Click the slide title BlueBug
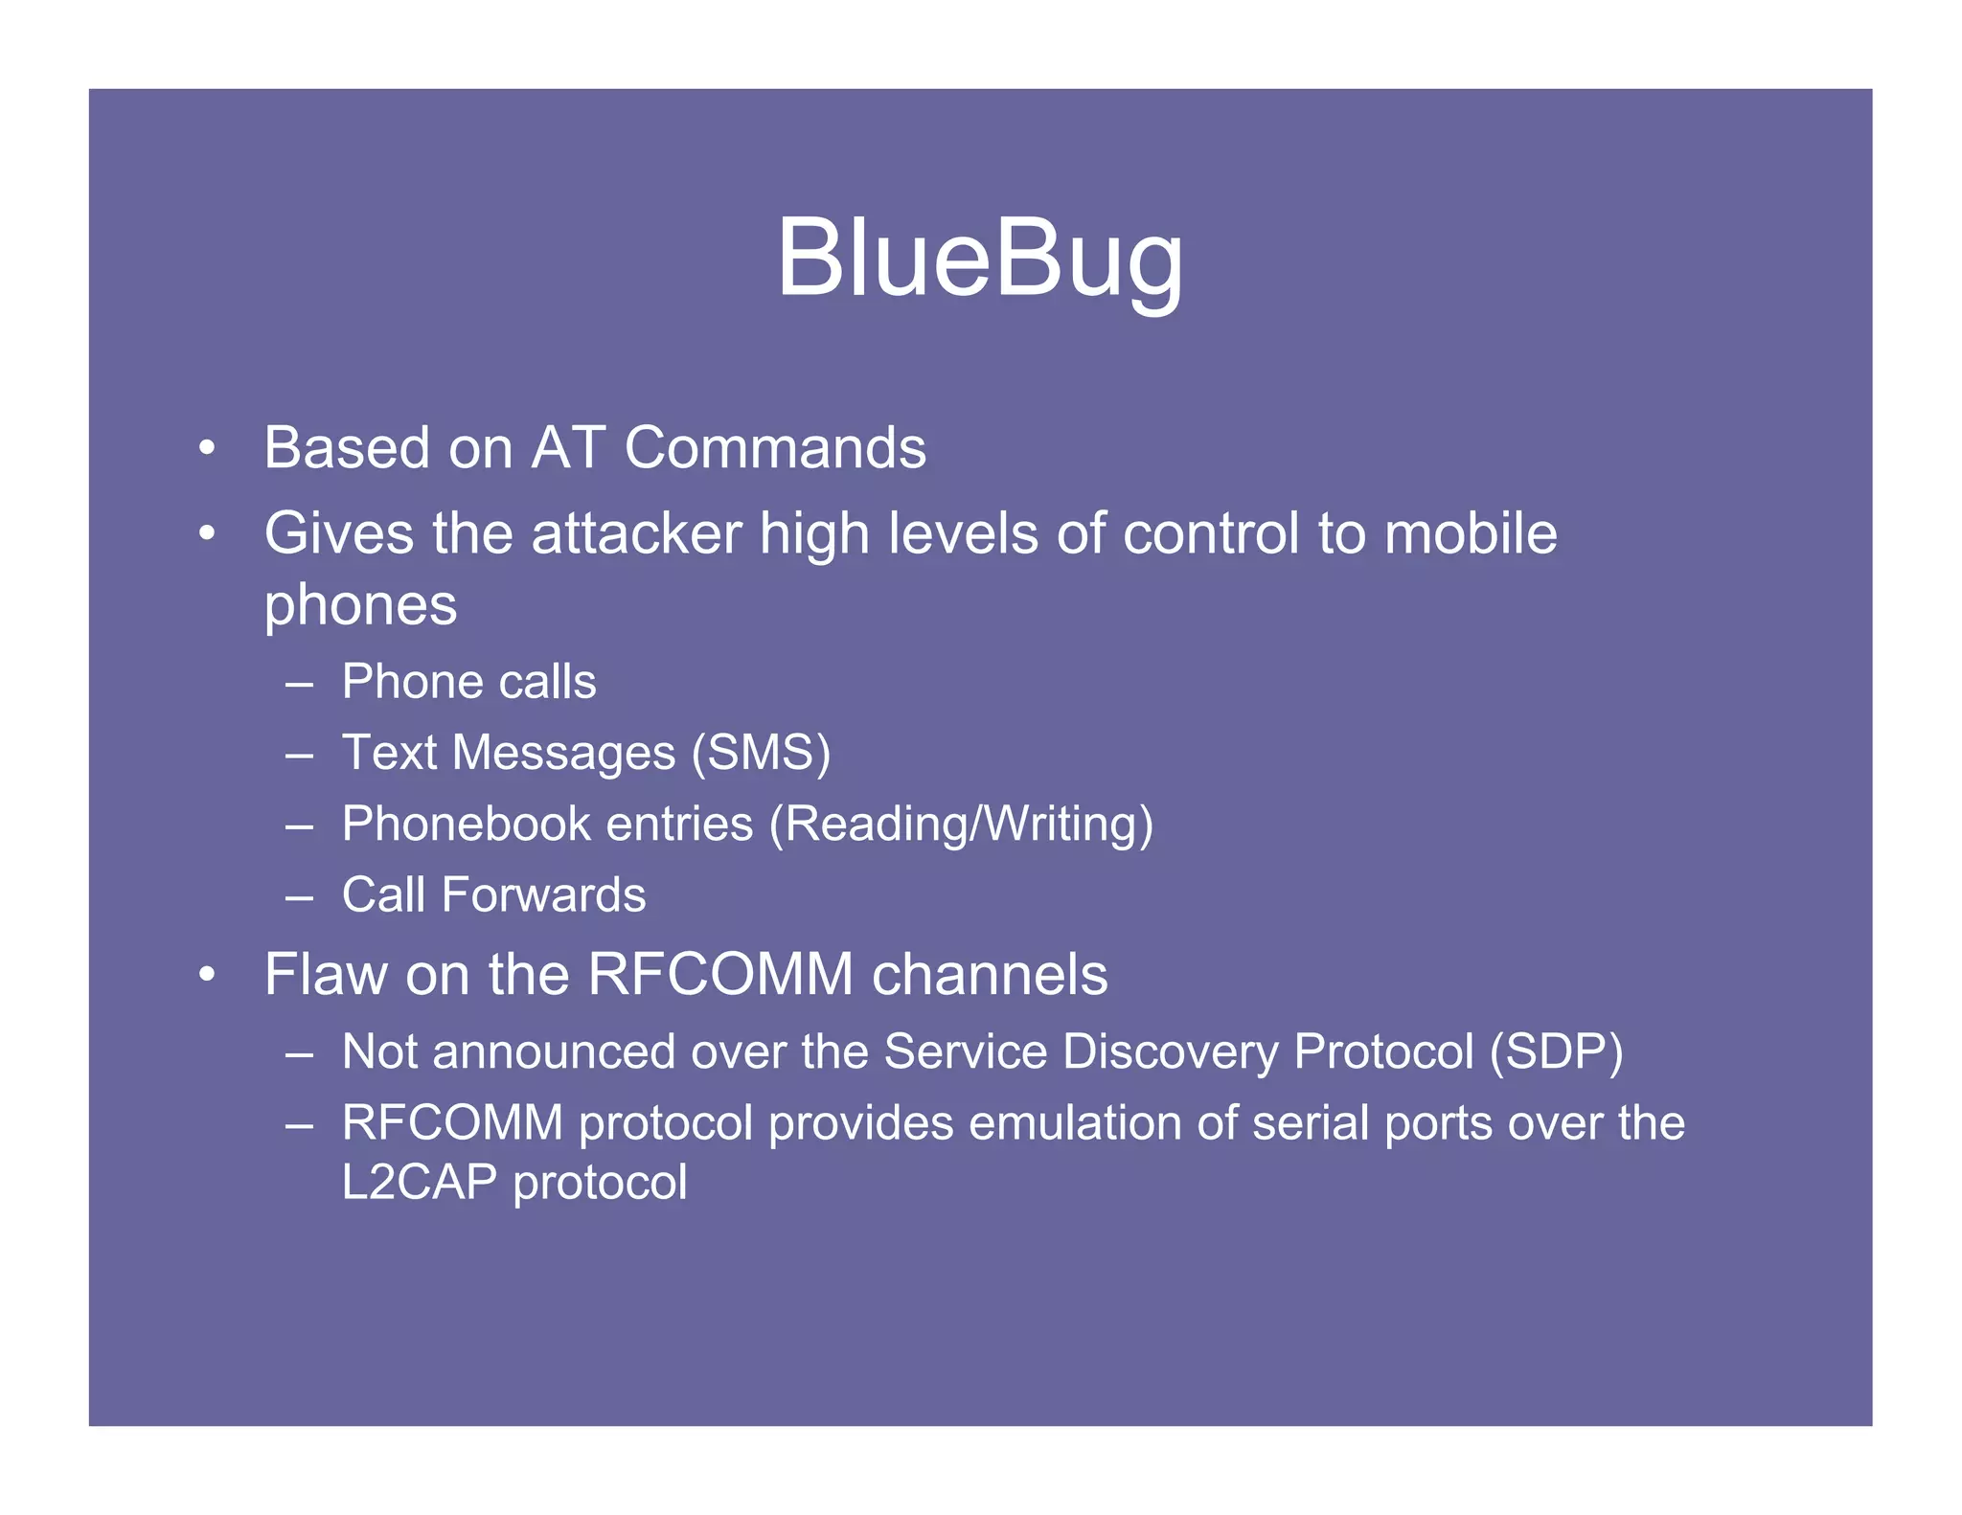point(979,258)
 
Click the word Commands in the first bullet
point(775,447)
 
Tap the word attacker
point(636,533)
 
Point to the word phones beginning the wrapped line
point(360,606)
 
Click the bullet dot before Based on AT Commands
point(206,448)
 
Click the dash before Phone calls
point(299,684)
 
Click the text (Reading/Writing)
point(961,824)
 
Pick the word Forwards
point(543,895)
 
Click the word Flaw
point(325,975)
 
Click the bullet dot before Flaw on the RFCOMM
point(206,976)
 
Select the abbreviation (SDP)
point(1556,1051)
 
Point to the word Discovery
point(1171,1051)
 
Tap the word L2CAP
point(419,1183)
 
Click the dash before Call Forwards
point(299,897)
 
